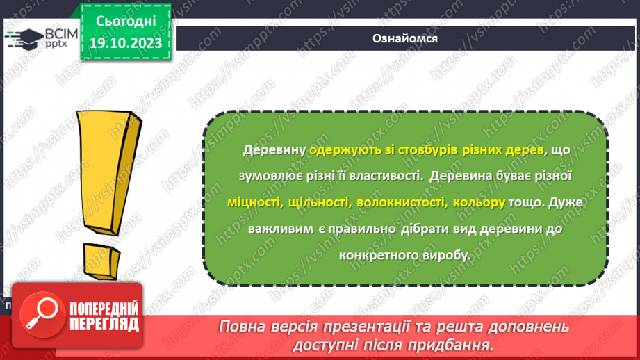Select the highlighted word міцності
pos(253,203)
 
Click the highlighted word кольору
pos(478,203)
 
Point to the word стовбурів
pos(404,150)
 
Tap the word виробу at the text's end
pos(448,254)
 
